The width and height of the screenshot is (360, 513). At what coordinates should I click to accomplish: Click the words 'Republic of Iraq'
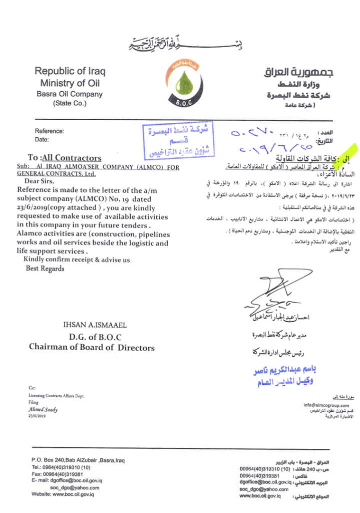pyautogui.click(x=70, y=71)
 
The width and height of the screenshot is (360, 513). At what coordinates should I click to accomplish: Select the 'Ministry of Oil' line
pyautogui.click(x=70, y=83)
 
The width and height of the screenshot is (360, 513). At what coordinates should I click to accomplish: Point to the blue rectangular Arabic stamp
pyautogui.click(x=178, y=139)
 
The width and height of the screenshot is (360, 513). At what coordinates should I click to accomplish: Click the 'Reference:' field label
pyautogui.click(x=50, y=131)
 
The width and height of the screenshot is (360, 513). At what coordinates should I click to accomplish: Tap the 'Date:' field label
pyautogui.click(x=42, y=140)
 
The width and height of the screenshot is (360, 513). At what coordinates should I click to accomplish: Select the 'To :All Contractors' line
pyautogui.click(x=65, y=158)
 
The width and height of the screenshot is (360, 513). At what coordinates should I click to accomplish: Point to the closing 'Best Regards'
pyautogui.click(x=45, y=269)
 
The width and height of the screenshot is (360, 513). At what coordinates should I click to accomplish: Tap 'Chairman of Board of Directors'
pyautogui.click(x=92, y=347)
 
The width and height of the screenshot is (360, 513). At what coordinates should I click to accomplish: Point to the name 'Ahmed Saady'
pyautogui.click(x=43, y=409)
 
